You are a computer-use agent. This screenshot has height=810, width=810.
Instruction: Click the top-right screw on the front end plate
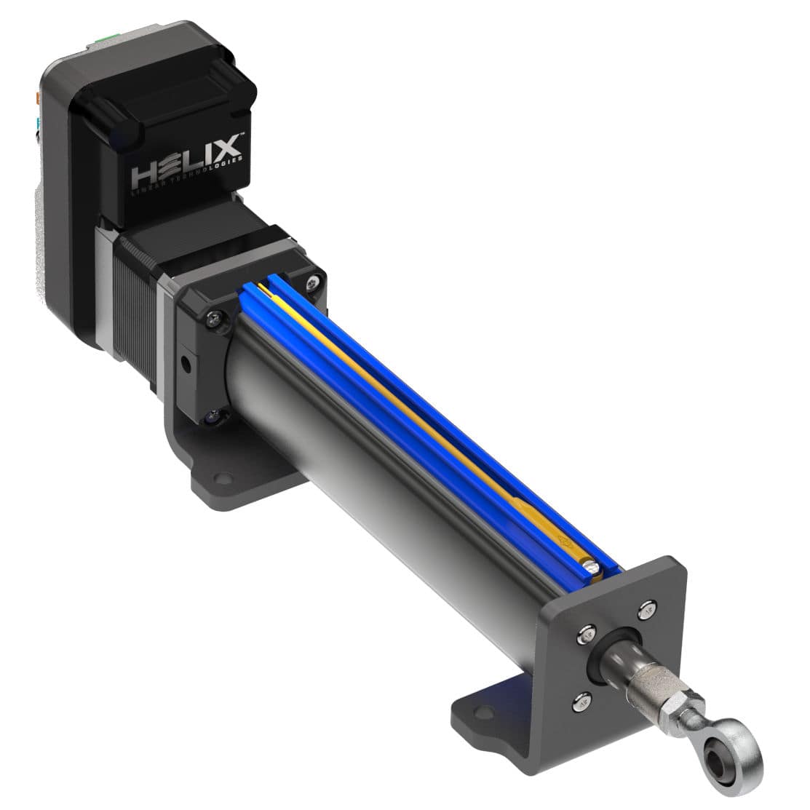pos(647,611)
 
